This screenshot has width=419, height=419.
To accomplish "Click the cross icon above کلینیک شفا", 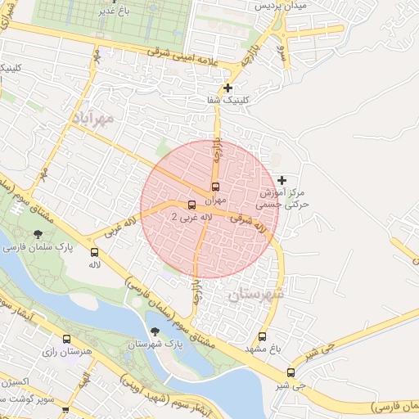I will [x=228, y=88].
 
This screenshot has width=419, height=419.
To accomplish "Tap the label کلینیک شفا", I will [x=228, y=101].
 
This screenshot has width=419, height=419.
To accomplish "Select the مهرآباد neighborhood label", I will [x=94, y=119].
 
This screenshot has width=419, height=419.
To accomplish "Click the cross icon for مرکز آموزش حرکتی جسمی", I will [x=282, y=180].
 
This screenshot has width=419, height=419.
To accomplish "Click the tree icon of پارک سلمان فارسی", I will [x=38, y=235].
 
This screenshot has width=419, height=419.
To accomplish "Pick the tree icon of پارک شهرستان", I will [x=155, y=332].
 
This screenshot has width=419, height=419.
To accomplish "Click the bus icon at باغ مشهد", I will [x=262, y=336].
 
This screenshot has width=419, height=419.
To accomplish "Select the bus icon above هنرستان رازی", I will [x=66, y=339].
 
